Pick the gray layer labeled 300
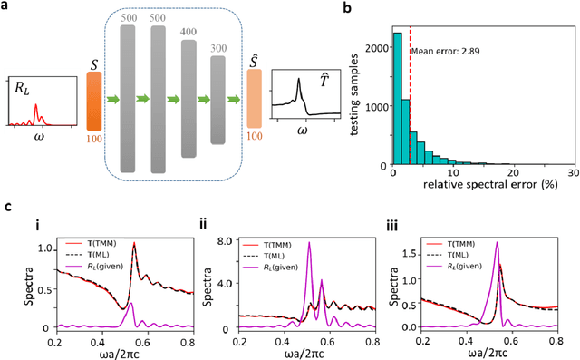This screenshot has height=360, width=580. [217, 99]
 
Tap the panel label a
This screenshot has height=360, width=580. [7, 8]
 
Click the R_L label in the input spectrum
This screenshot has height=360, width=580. [23, 88]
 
